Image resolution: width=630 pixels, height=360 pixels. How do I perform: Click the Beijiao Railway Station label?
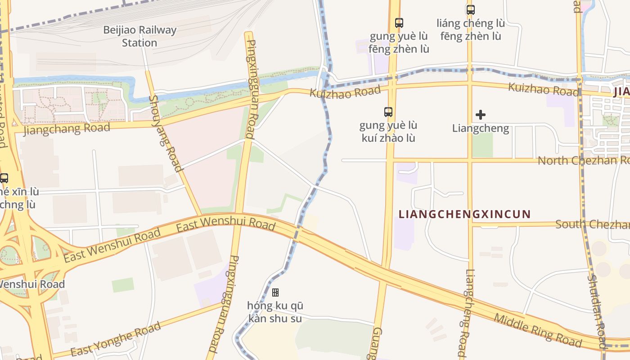coord(139,36)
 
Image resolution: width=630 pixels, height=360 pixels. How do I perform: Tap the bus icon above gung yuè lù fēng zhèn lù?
coord(399,22)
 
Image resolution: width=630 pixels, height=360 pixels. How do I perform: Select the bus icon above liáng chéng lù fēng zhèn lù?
coord(470,9)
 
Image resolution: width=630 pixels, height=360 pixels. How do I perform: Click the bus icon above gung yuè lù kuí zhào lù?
coord(388,112)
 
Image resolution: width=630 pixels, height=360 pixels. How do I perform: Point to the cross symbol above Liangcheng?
coord(481,115)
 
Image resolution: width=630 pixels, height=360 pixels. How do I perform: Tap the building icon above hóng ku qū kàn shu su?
coord(275,292)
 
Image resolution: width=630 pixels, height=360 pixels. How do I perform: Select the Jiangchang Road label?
coord(67,129)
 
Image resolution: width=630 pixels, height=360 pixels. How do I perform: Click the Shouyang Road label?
coord(165,134)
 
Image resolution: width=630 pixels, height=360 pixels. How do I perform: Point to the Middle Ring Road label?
coord(538,331)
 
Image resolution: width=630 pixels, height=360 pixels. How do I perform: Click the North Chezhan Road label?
coord(583,160)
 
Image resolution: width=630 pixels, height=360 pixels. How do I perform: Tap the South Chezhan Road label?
coord(592,224)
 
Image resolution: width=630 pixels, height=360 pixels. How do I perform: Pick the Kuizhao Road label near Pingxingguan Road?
coord(345,91)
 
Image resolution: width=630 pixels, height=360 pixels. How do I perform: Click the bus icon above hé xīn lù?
coord(4,178)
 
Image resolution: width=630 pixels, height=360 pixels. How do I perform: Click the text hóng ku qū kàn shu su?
coord(275,312)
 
